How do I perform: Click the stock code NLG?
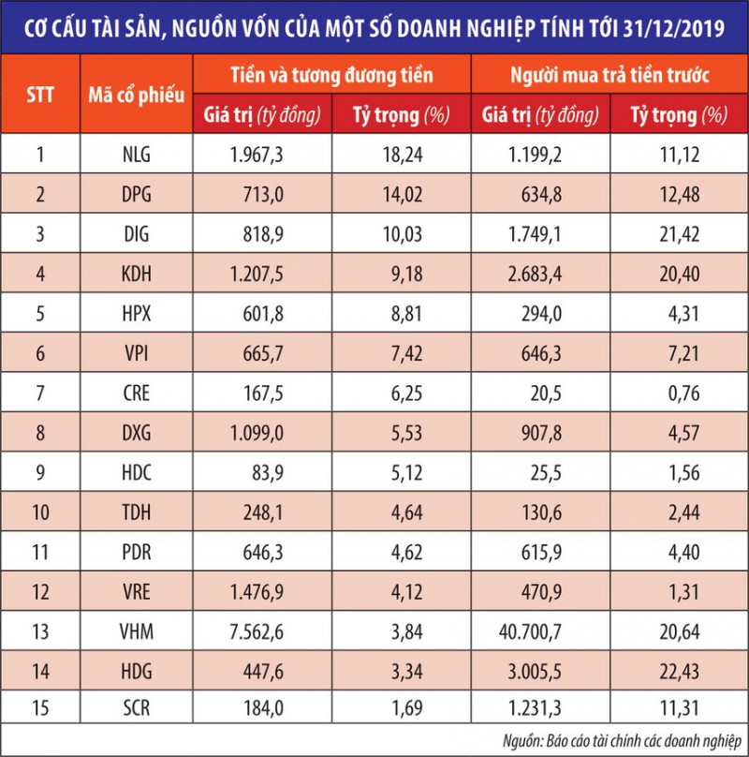(137, 154)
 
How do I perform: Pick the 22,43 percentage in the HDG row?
(678, 674)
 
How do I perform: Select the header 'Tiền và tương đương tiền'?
(332, 73)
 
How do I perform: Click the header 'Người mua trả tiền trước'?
(610, 73)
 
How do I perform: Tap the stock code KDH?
(137, 275)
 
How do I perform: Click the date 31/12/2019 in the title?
(666, 26)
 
